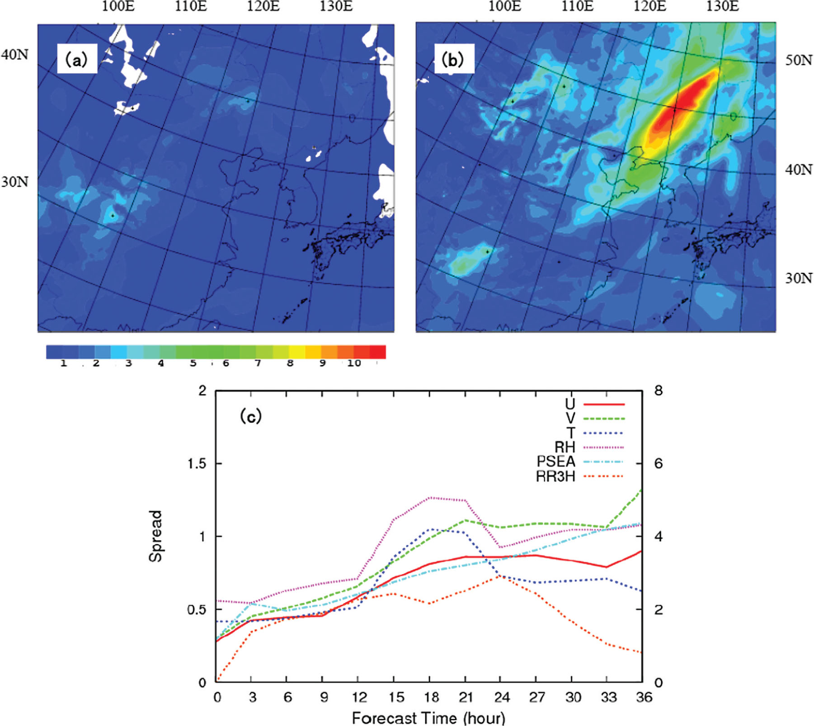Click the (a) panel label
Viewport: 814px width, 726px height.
click(x=76, y=59)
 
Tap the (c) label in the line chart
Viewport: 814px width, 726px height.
click(x=251, y=416)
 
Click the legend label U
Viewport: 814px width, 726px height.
click(x=570, y=404)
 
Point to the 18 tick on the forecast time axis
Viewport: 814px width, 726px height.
click(x=430, y=697)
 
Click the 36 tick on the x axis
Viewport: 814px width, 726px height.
click(x=644, y=697)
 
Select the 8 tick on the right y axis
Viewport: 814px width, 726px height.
click(x=659, y=391)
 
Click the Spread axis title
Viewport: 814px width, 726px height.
click(x=155, y=536)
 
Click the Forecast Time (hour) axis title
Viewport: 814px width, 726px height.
click(x=428, y=718)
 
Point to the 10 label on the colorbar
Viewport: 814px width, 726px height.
click(x=354, y=363)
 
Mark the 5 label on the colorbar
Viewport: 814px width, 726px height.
click(x=193, y=363)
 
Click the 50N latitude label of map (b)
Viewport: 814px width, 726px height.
click(x=798, y=60)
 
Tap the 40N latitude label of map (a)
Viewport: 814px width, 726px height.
click(x=14, y=55)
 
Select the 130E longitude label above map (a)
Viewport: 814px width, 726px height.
click(x=336, y=6)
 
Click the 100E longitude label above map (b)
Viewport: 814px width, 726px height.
click(x=504, y=6)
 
